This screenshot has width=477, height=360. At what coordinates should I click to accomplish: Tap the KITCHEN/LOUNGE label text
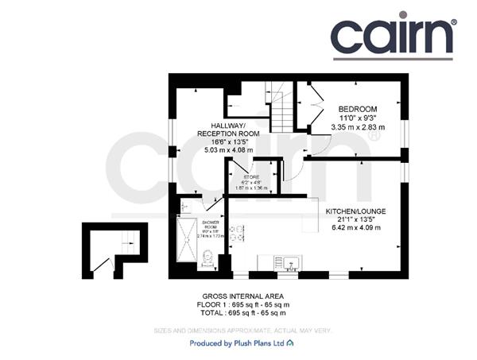(x=355, y=211)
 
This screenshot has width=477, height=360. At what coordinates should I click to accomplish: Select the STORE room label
(x=251, y=176)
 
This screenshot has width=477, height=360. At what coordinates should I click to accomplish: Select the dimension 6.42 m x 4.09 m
(x=355, y=228)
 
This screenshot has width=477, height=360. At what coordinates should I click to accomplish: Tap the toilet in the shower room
(x=208, y=257)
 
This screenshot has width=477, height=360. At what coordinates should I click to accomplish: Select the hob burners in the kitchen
(x=237, y=232)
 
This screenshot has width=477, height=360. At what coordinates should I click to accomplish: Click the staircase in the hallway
(x=281, y=118)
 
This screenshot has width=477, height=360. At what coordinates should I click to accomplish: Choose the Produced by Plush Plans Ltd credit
(x=239, y=343)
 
